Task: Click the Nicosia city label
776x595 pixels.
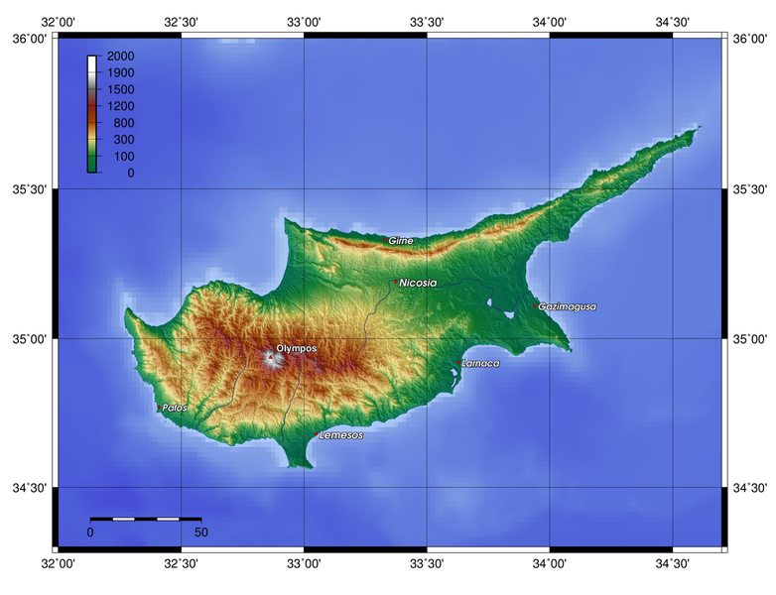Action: (418, 283)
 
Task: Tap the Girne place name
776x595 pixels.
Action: (401, 240)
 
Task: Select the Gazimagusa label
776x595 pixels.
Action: (568, 306)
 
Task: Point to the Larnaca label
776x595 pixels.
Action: (481, 363)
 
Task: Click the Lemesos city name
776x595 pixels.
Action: (341, 435)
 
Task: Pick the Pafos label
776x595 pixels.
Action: (174, 408)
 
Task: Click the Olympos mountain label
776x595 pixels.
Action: (297, 348)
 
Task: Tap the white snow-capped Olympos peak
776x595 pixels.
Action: (271, 359)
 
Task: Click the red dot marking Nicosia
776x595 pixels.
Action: (396, 282)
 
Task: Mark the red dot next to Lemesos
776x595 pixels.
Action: (317, 434)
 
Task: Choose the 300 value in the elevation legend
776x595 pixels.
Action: (124, 139)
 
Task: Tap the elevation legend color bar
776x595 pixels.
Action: (92, 114)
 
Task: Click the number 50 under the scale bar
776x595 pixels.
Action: (201, 533)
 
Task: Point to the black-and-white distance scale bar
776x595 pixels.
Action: (146, 519)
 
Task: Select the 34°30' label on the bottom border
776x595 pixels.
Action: (672, 563)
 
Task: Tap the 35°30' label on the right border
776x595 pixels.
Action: (749, 189)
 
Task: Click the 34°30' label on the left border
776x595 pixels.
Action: (27, 488)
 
